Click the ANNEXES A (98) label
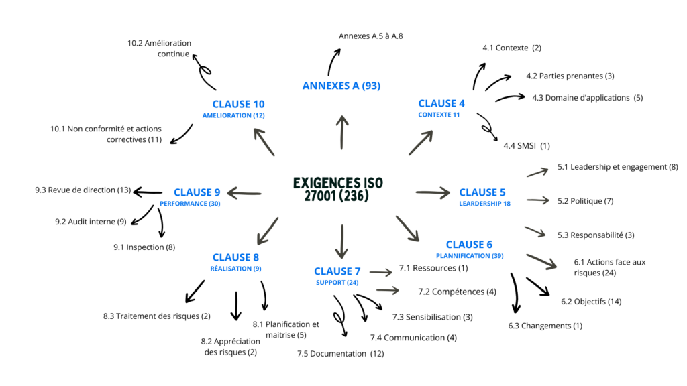[341, 86]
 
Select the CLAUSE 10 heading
[238, 104]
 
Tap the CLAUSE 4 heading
[441, 103]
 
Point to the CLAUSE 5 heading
[482, 192]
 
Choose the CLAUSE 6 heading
[469, 244]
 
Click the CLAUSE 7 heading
[337, 271]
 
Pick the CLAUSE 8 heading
[235, 257]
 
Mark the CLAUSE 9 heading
[197, 192]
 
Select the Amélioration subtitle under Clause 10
[233, 115]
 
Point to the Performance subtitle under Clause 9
[190, 204]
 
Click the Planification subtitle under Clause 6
[470, 255]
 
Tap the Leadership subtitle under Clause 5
[484, 204]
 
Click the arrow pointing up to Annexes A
[342, 132]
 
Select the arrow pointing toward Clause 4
[421, 143]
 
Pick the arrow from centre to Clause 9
[244, 194]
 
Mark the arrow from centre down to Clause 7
[342, 241]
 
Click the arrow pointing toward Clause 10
[264, 141]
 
